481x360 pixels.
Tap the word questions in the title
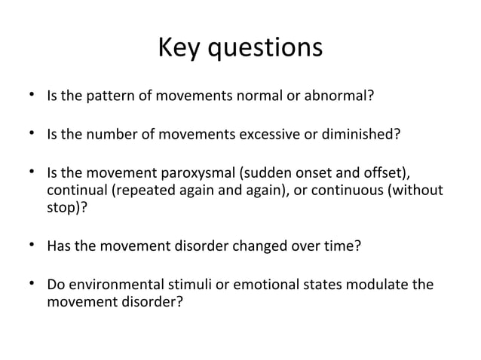[x=265, y=50]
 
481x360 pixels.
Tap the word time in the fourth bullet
[x=342, y=245]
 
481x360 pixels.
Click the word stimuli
[x=191, y=285]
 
